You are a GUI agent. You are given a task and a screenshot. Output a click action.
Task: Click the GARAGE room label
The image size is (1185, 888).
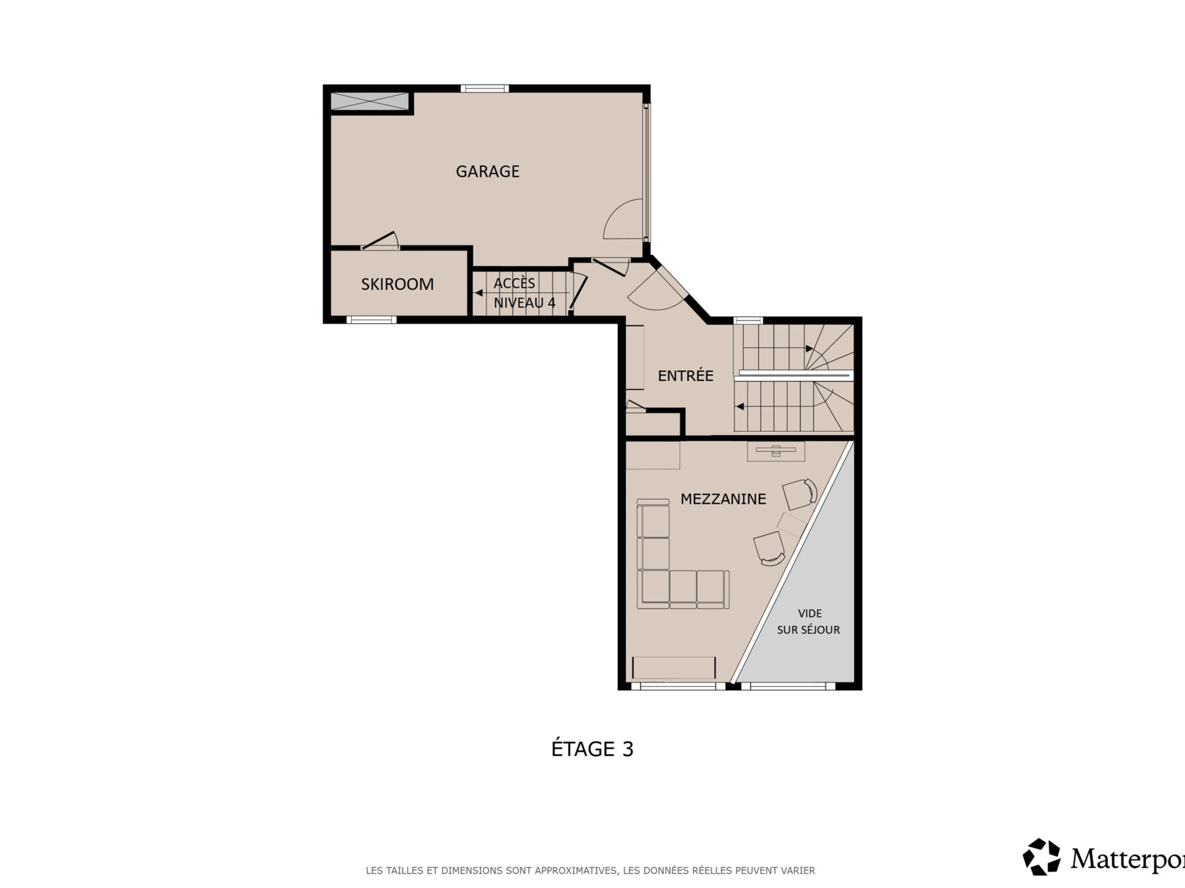coord(487,171)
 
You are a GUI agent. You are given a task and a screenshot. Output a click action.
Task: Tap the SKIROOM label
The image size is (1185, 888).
coord(397,284)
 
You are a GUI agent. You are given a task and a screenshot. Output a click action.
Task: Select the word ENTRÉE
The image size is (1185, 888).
coord(686,376)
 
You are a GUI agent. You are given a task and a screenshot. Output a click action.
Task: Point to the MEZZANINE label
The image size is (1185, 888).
coord(723,499)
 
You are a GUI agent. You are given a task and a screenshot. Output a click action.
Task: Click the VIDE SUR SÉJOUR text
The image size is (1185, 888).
coord(809,622)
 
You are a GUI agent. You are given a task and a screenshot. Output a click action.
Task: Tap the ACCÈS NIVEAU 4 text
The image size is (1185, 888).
coord(524,293)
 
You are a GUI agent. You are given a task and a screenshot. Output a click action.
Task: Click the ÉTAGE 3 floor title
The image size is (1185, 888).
coord(592,749)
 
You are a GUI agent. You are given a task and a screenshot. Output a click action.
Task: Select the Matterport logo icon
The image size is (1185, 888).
coord(1041,857)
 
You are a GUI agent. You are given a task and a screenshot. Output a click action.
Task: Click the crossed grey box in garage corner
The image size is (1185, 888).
coord(370,101)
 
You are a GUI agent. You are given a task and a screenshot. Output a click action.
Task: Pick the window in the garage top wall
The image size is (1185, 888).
coord(485,88)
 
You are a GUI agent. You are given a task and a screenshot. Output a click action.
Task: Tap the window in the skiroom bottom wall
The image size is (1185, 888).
coord(371,320)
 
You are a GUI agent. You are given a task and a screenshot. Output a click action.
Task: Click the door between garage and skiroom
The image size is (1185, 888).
coord(380,241)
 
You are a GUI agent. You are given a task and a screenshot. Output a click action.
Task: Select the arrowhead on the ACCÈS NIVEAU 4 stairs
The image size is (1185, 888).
coord(479,293)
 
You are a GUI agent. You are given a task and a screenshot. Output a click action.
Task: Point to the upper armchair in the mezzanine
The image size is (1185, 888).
coord(800,493)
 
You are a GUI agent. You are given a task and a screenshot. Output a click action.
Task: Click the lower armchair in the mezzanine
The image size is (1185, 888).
coord(769,549)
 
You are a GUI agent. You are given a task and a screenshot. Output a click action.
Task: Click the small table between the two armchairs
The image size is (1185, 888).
coord(792,524)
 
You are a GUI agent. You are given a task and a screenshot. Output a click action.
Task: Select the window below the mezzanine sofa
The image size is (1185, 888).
coord(678,686)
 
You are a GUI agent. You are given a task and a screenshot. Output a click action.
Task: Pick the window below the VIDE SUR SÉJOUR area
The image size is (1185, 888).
coord(788,686)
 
